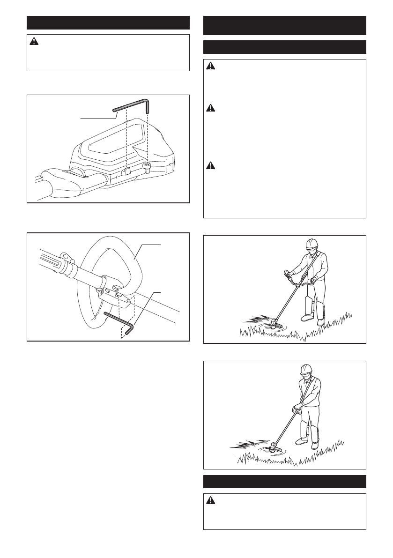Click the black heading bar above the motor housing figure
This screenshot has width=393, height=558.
tap(108, 22)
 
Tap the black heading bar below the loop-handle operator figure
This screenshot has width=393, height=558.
tap(285, 481)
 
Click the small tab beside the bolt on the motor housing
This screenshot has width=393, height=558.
tap(126, 171)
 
